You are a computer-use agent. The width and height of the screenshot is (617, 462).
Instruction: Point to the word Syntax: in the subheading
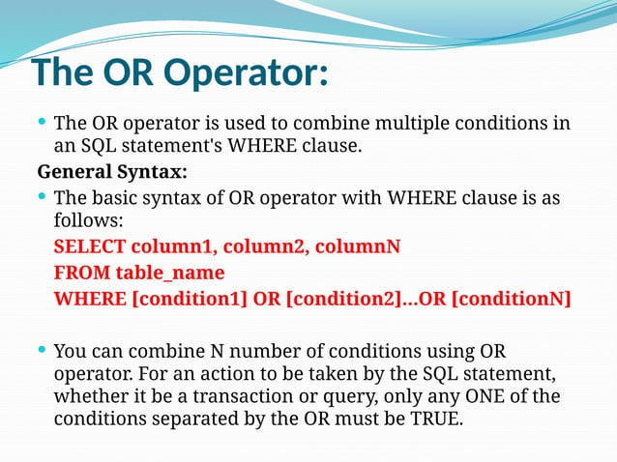click(153, 173)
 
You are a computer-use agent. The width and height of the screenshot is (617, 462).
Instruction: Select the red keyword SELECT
click(89, 246)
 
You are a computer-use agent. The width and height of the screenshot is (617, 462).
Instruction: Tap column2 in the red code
click(267, 246)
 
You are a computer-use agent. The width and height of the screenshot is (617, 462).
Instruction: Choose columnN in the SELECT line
click(357, 246)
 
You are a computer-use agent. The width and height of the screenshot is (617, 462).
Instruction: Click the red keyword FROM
click(81, 273)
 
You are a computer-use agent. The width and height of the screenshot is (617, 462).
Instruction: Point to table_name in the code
click(169, 273)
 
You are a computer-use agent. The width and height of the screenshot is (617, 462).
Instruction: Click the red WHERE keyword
click(89, 299)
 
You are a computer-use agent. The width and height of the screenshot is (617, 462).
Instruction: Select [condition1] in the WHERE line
click(189, 299)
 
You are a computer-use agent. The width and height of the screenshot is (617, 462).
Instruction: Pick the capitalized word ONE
click(494, 397)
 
